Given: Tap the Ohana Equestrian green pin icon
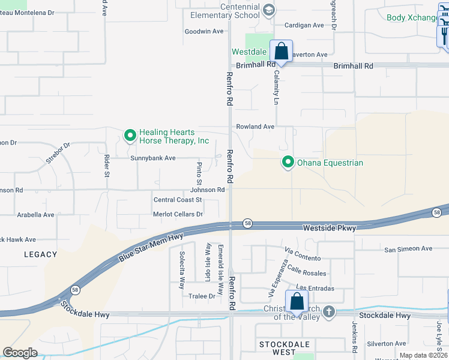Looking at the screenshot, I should point(288,162).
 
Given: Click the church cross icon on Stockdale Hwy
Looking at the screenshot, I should point(328,311).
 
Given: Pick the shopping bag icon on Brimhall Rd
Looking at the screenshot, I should point(281,51).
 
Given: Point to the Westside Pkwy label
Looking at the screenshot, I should point(329,228).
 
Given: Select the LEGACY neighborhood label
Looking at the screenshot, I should point(40,254).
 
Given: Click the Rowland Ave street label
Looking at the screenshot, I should point(255,127).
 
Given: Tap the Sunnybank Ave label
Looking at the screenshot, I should point(153,158).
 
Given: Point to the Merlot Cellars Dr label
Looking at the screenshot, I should point(178,214).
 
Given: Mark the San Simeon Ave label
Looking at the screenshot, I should point(408,248).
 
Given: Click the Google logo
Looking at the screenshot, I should point(20,352).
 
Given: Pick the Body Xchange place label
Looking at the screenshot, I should point(412,17).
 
